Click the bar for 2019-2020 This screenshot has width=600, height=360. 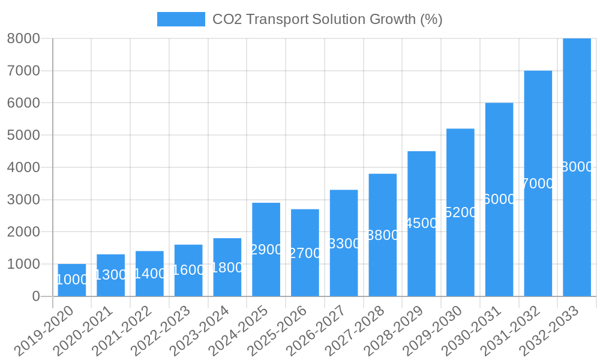72,280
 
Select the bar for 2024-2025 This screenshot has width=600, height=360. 266,250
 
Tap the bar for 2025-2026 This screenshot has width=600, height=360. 305,253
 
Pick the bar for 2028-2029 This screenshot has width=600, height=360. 421,223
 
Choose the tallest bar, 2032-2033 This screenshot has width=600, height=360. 577,167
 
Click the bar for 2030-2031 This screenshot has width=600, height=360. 499,199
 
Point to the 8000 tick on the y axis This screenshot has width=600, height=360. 23,38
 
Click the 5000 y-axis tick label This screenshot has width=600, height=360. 23,135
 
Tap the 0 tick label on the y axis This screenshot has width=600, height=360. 35,296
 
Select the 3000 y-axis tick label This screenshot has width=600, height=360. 23,200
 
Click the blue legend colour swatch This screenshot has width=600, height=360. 181,19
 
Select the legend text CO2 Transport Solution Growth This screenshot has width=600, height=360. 327,19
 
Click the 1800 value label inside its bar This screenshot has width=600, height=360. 227,268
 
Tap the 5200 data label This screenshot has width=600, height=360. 460,212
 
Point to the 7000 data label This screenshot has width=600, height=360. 538,184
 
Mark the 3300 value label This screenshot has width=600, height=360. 344,244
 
